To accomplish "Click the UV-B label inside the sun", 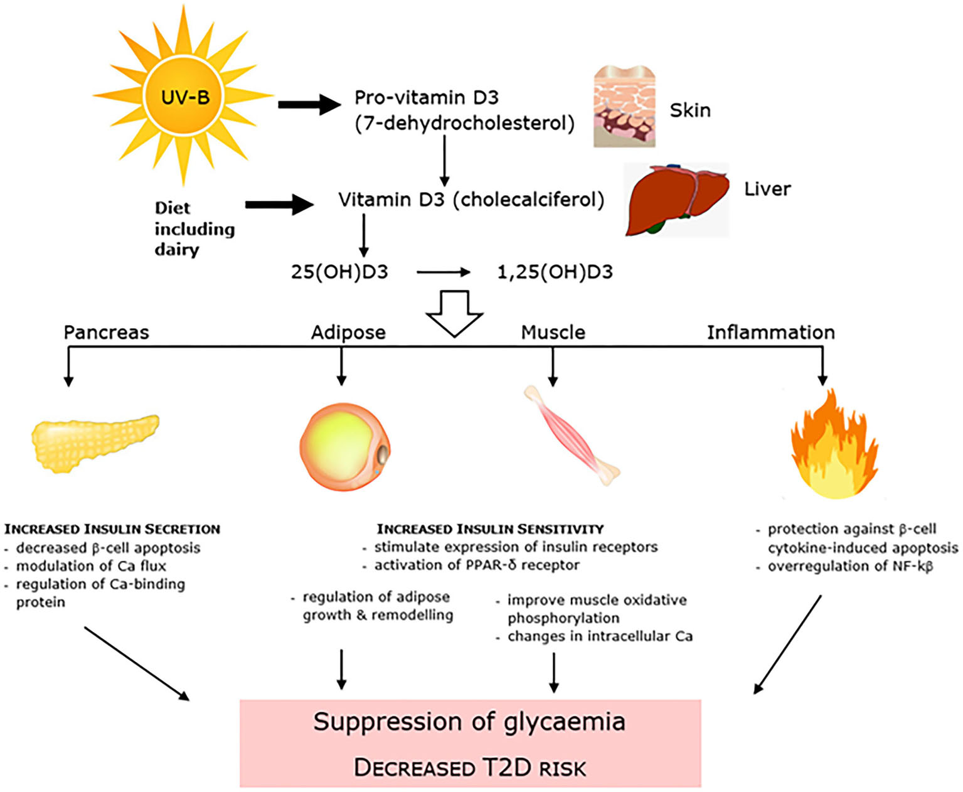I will pyautogui.click(x=185, y=97).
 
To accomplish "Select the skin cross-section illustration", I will pyautogui.click(x=624, y=107).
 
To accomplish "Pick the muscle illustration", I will pyautogui.click(x=572, y=436).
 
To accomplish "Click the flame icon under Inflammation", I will pyautogui.click(x=834, y=446).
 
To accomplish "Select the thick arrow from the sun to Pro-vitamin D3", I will pyautogui.click(x=309, y=104).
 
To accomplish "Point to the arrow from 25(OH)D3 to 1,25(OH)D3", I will pyautogui.click(x=443, y=272).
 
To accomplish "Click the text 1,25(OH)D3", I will pyautogui.click(x=555, y=272).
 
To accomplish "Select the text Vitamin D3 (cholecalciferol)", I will pyautogui.click(x=471, y=200).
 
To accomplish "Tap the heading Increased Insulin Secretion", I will pyautogui.click(x=112, y=529).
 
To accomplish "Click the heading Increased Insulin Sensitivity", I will pyautogui.click(x=490, y=529).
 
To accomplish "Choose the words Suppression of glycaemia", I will pyautogui.click(x=469, y=722).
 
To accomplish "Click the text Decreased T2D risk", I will pyautogui.click(x=469, y=768).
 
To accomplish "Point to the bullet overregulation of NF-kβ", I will pyautogui.click(x=850, y=566).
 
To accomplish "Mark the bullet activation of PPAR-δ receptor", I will pyautogui.click(x=477, y=565).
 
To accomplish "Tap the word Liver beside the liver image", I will pyautogui.click(x=767, y=189).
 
